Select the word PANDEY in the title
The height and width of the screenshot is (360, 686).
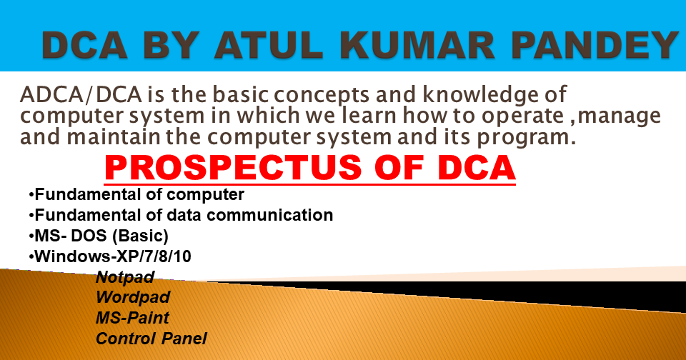(595, 46)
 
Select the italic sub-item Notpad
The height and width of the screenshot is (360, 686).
(125, 276)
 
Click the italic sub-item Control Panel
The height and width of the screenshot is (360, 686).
(151, 339)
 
